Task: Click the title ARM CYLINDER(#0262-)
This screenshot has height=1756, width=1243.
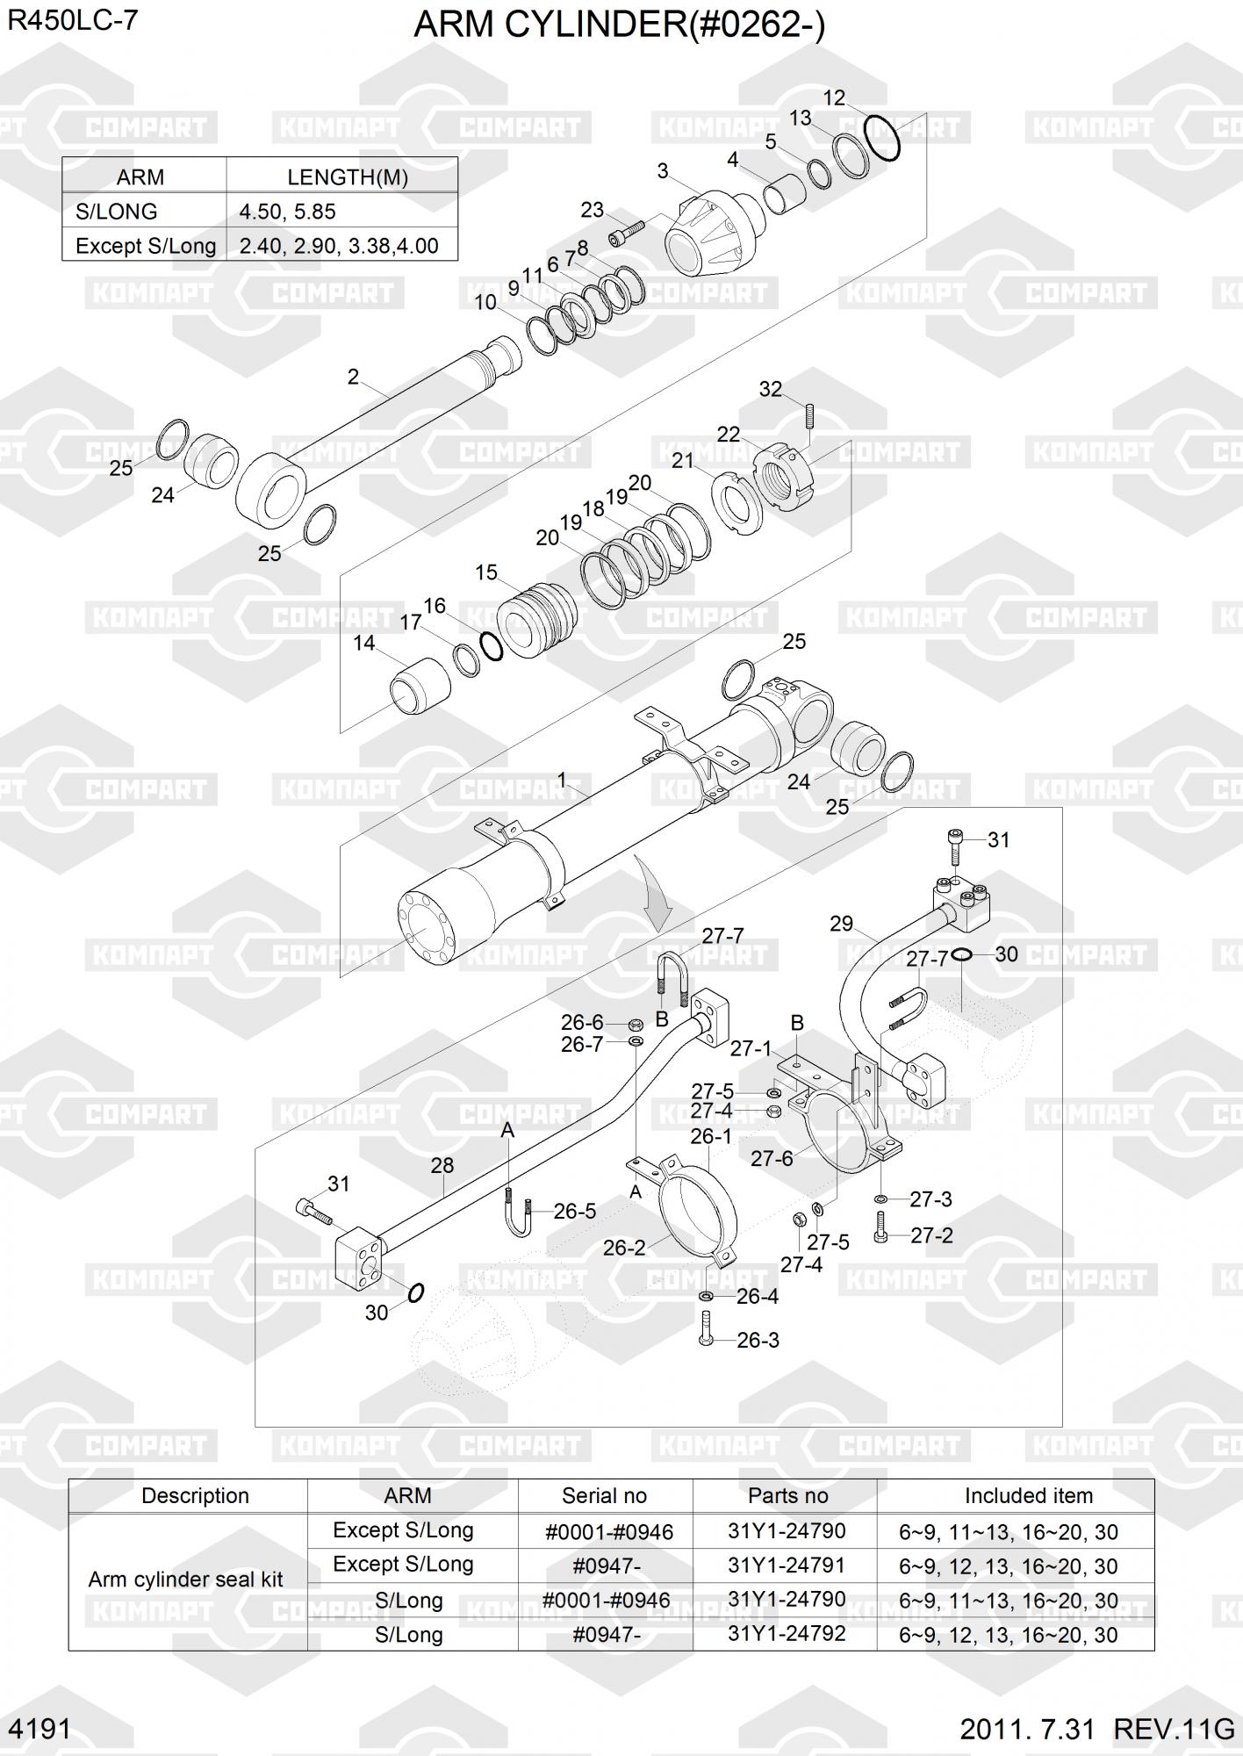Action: [x=619, y=25]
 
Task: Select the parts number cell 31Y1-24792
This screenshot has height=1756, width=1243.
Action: [x=787, y=1633]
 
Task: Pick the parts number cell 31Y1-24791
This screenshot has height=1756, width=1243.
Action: [x=787, y=1565]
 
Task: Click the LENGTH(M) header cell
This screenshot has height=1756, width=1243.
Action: [x=347, y=177]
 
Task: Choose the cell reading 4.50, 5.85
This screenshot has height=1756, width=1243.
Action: [x=288, y=212]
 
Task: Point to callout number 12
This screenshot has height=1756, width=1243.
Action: [x=833, y=98]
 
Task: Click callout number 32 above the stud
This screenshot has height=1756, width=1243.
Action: [x=770, y=389]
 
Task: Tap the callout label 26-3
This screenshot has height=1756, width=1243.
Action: [x=758, y=1341]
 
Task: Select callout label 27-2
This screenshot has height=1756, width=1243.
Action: [x=930, y=1235]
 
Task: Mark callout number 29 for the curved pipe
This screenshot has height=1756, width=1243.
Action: [x=841, y=924]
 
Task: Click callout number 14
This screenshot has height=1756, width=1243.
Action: [x=363, y=644]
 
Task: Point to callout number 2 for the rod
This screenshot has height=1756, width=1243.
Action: [x=353, y=377]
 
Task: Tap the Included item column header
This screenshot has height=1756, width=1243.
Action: [x=1028, y=1495]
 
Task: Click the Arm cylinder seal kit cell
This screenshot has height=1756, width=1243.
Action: [x=186, y=1580]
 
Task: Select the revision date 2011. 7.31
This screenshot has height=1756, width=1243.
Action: [x=1028, y=1730]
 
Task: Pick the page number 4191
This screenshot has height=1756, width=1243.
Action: [x=39, y=1730]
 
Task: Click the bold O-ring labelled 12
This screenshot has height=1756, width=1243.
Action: [x=881, y=137]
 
